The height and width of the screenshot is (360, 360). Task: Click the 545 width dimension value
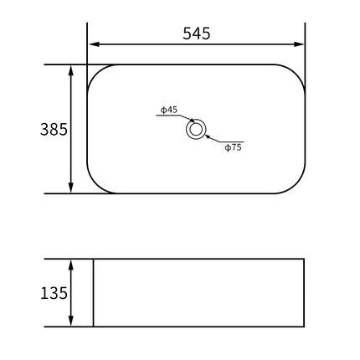click(196, 33)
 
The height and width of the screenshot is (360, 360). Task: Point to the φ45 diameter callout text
click(168, 110)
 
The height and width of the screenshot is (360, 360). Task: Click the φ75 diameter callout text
click(233, 147)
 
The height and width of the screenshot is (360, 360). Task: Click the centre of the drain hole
click(196, 129)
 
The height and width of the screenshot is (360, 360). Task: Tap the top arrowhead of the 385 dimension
click(72, 69)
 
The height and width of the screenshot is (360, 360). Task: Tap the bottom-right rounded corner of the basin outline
click(296, 187)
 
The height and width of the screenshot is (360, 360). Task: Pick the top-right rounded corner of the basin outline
click(296, 71)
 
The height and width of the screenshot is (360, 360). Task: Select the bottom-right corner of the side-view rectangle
click(303, 326)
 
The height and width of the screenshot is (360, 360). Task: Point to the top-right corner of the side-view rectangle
click(303, 260)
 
